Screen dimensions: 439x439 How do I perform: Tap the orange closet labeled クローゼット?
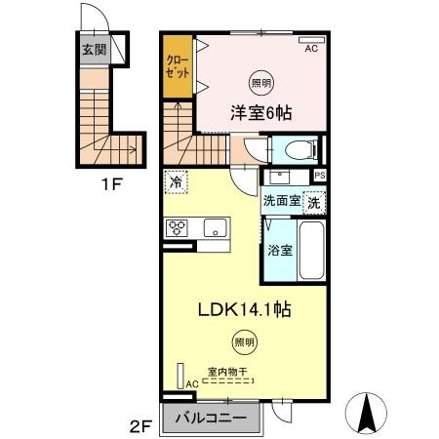[178, 66]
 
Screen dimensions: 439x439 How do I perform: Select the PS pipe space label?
[320, 175]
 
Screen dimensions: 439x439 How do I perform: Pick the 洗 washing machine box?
[314, 204]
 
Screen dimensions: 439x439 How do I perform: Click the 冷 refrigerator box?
[177, 182]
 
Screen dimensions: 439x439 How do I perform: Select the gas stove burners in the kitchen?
[179, 228]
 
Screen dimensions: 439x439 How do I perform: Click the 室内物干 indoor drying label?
[231, 372]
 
